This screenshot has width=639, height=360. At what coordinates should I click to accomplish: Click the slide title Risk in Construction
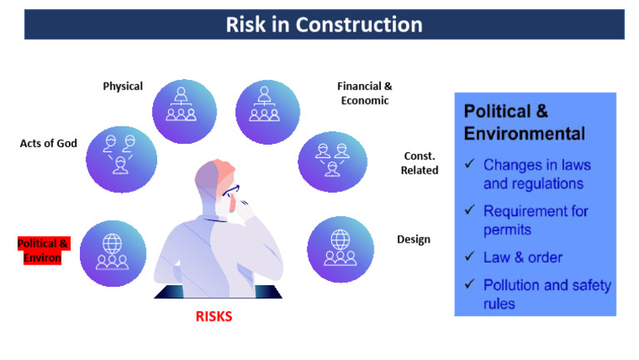[324, 24]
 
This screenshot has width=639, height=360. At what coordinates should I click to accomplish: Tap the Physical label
[122, 86]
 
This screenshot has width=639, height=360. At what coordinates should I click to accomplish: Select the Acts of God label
[48, 144]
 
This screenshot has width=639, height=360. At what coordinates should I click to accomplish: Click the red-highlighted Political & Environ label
[44, 249]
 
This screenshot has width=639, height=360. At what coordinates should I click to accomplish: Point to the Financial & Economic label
[364, 92]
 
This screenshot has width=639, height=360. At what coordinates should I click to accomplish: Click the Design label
[414, 239]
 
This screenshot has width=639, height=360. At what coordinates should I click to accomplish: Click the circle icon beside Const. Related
[331, 160]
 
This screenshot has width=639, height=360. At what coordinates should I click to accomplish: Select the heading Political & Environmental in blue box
[524, 121]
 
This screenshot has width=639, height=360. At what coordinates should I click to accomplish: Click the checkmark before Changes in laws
[469, 165]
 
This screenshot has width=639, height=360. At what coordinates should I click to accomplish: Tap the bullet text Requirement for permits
[535, 219]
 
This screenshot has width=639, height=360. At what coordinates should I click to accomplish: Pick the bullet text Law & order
[522, 257]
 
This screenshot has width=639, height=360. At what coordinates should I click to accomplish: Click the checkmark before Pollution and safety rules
[469, 285]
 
